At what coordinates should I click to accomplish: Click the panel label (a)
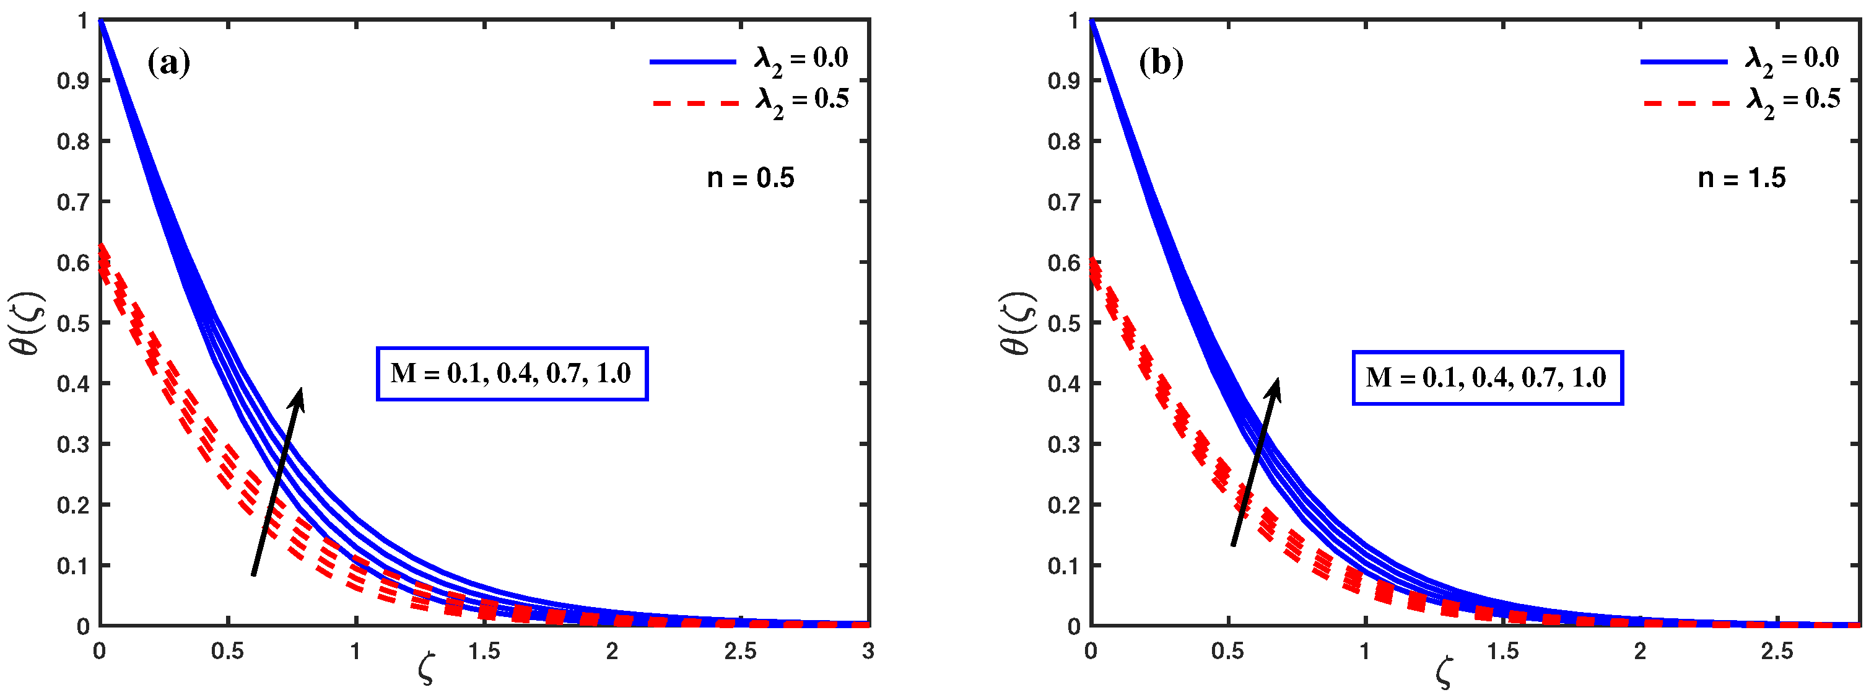tap(169, 63)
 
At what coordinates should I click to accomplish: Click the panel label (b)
tap(1161, 63)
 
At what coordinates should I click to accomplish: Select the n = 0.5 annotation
tap(750, 178)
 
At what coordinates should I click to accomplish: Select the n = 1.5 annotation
tap(1741, 178)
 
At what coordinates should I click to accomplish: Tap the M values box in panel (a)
tap(512, 374)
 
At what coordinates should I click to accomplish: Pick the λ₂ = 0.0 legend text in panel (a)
tap(800, 59)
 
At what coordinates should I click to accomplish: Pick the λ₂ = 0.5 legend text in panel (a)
tap(802, 100)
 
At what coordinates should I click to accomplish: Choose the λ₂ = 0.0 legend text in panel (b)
tap(1792, 59)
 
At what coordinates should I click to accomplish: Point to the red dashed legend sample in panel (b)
tap(1686, 103)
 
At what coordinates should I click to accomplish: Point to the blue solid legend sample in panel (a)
tap(692, 62)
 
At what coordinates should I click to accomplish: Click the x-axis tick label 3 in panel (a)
tap(868, 651)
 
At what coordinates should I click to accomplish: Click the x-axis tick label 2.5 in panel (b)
tap(1777, 651)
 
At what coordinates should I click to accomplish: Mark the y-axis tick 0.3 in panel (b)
tap(1063, 444)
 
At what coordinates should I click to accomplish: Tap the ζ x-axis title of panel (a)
tap(426, 670)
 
